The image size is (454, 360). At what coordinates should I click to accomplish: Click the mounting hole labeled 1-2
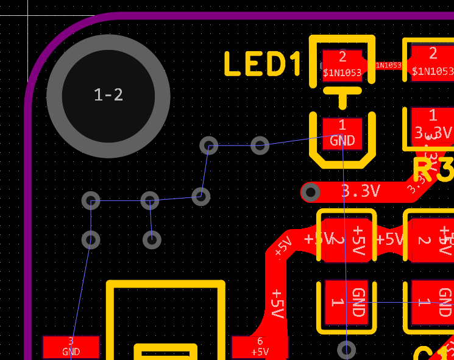coord(108,95)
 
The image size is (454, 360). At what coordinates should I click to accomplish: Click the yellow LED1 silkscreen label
coord(263,65)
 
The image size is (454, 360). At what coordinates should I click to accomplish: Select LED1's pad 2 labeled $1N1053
coord(342,65)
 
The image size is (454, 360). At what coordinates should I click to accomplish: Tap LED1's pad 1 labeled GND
coord(342,133)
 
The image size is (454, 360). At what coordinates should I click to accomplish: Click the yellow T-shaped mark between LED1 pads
coord(342,95)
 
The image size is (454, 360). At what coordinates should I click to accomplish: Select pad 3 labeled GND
coord(71,347)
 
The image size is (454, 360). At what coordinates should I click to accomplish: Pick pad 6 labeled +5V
coord(260,347)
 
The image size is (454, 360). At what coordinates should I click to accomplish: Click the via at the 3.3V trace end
coord(311,193)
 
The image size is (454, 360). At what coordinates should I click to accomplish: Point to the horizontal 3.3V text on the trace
coord(360,191)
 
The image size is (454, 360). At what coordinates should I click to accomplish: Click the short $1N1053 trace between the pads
coord(389,65)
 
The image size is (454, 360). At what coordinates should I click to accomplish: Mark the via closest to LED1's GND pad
coord(260,146)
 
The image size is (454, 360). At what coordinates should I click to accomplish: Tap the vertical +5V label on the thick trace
coord(277,303)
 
